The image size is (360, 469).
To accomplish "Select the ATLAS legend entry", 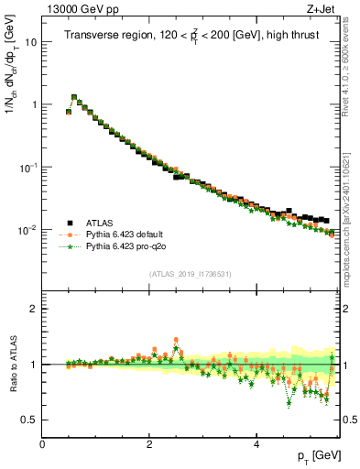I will [x=100, y=222].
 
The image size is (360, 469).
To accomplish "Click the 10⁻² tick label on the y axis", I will [x=28, y=230].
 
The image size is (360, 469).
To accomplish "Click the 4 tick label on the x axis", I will [x=256, y=443].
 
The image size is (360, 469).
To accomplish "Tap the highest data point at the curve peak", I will [x=74, y=96].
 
